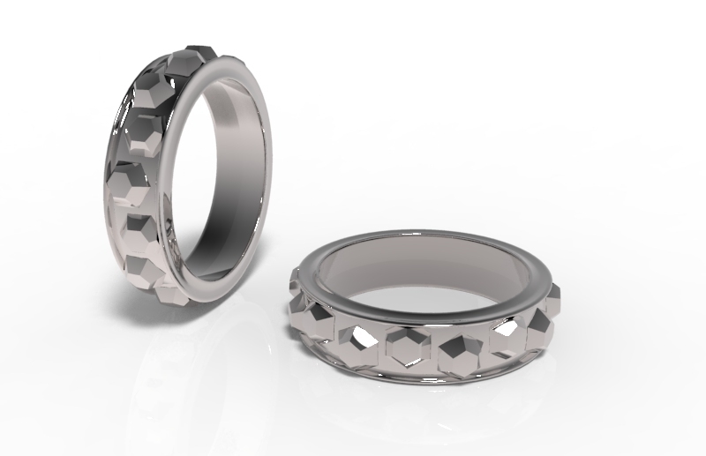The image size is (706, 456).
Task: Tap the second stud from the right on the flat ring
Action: pos(510,335)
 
